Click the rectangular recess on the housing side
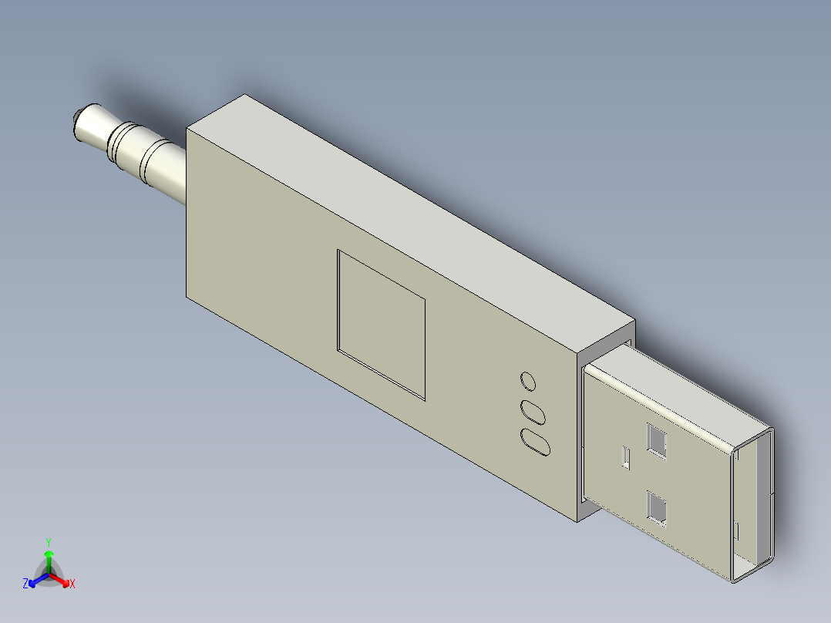point(382,324)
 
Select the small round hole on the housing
point(528,381)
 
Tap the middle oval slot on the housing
point(532,411)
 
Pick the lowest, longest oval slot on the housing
point(536,443)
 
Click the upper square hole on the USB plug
point(657,440)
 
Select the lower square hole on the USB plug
point(657,508)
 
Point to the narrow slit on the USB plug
point(625,457)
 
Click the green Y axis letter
point(49,541)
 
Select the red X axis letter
point(72,584)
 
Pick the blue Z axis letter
point(25,584)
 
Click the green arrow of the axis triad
point(49,555)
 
